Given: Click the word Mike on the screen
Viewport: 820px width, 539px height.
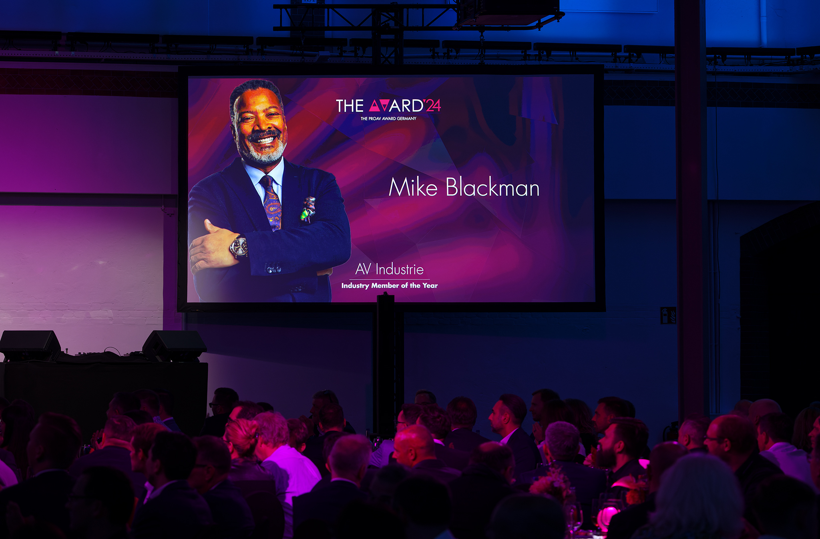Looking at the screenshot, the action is click(x=413, y=187).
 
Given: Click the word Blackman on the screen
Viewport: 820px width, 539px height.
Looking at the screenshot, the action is click(x=492, y=187).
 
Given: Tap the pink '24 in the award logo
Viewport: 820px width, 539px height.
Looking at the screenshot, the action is click(x=432, y=106).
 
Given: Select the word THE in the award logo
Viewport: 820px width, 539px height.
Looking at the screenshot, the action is click(x=350, y=106).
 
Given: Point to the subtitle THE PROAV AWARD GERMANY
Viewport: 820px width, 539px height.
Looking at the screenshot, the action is click(x=388, y=118).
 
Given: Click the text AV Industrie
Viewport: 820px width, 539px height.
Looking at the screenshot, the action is click(x=389, y=269).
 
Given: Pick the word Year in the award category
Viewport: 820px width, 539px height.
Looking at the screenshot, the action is click(x=430, y=286).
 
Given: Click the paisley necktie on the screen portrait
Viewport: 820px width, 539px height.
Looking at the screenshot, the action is click(x=271, y=202).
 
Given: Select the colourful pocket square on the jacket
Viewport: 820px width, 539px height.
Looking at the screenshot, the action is click(x=308, y=209).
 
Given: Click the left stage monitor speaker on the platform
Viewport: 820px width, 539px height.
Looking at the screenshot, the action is click(x=30, y=345).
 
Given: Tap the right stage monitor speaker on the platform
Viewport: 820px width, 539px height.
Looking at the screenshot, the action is click(x=175, y=345).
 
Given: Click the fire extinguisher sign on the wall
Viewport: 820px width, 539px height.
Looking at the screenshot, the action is click(x=668, y=315).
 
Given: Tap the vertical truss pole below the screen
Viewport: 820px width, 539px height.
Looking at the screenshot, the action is click(x=385, y=364).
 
